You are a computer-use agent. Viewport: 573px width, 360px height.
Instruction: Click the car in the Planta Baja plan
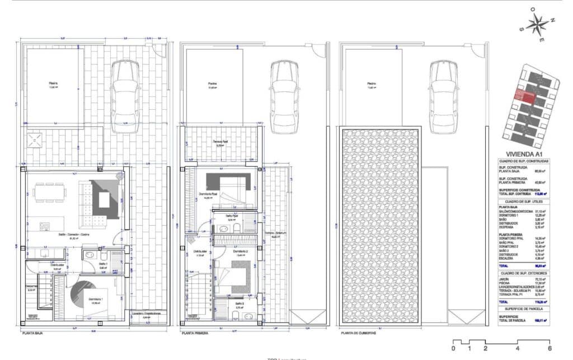pos(125,96)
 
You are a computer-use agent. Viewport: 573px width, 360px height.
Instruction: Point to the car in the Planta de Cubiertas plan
pos(444,96)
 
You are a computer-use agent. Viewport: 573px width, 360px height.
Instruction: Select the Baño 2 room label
pos(239,306)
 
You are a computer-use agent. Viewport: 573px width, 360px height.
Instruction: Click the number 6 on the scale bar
pos(550,348)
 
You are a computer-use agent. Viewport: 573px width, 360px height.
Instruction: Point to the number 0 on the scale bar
pos(453,348)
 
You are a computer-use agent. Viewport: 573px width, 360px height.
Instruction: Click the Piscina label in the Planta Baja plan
pos(53,85)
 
